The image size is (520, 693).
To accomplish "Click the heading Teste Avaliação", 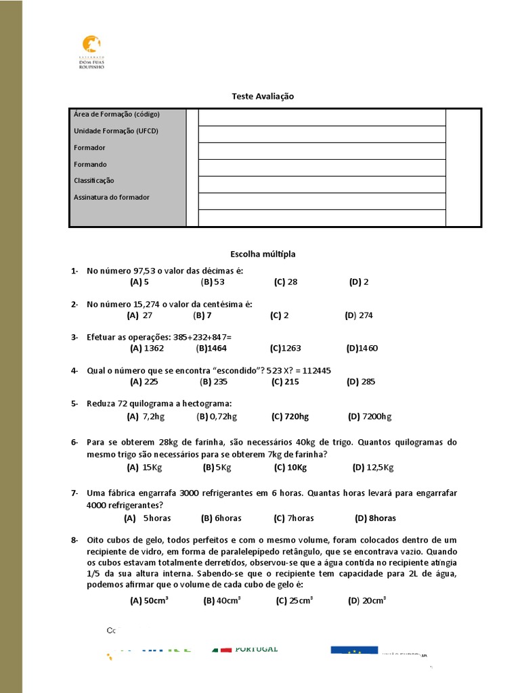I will [263, 97].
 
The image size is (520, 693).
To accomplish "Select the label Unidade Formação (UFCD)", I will [116, 131].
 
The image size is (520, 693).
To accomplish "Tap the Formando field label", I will [90, 164].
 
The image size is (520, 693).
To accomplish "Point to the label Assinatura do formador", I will [112, 198].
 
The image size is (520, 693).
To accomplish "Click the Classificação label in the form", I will [94, 181].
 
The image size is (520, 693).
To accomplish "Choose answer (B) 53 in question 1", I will [213, 282].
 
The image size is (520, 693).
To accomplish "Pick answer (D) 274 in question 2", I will [359, 315].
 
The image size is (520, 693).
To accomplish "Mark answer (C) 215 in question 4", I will [285, 382].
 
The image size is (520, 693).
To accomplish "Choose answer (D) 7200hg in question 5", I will [370, 417].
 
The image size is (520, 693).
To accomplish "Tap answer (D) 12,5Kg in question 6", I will [373, 468].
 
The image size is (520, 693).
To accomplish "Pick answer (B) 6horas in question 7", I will [221, 518].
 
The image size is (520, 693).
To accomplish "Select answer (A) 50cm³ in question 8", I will [144, 600].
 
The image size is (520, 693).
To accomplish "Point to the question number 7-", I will [74, 493].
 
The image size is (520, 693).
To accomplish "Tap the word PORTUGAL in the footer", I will [257, 650].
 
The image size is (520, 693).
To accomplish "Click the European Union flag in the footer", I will [354, 650].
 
